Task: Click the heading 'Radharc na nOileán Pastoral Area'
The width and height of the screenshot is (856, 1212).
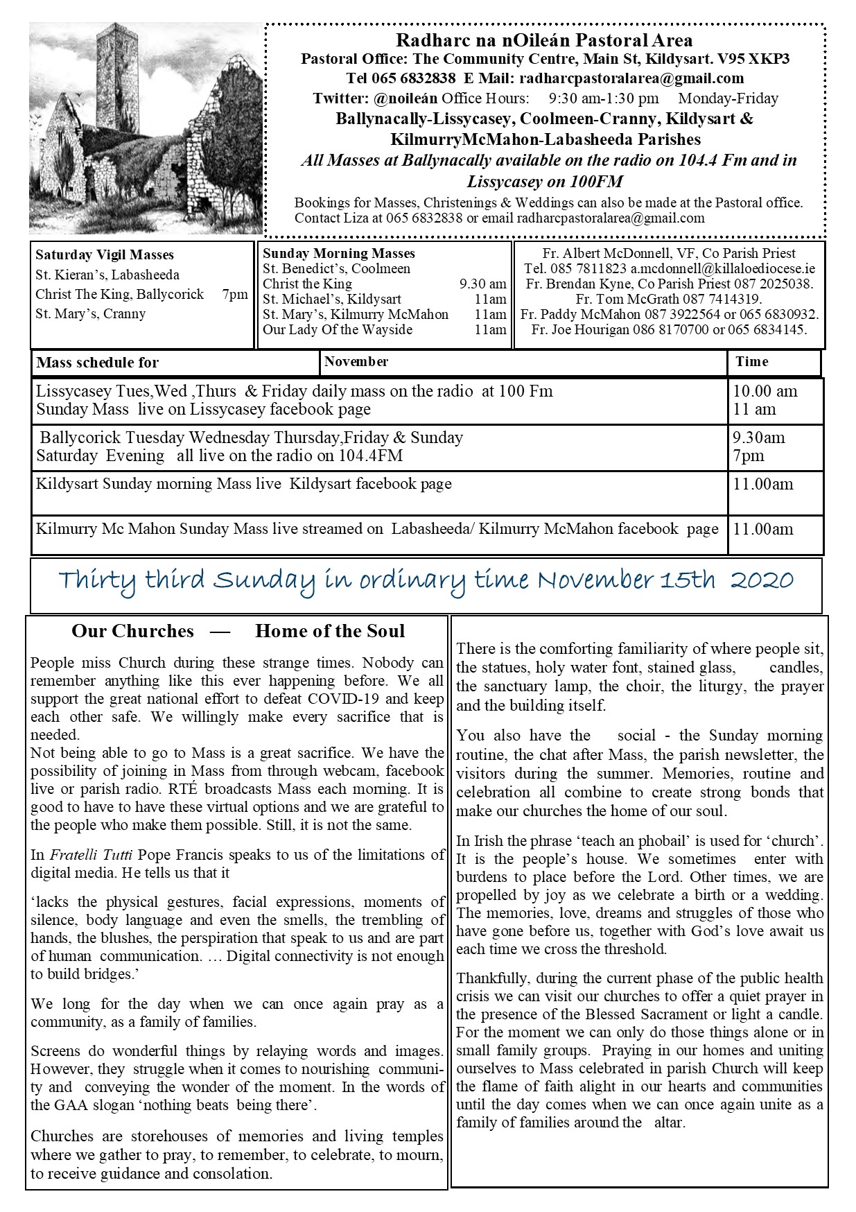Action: (x=544, y=41)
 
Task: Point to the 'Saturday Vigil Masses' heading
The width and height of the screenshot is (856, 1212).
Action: (x=105, y=255)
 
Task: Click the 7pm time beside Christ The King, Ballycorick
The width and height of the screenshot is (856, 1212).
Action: (x=235, y=294)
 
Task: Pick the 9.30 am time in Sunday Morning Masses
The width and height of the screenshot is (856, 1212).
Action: (x=482, y=284)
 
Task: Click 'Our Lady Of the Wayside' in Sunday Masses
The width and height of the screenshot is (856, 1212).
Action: (x=338, y=329)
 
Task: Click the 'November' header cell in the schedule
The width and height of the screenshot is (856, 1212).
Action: (x=356, y=361)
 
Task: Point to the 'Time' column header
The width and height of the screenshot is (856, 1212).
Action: (x=752, y=361)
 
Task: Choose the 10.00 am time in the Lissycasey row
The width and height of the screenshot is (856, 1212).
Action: (x=765, y=391)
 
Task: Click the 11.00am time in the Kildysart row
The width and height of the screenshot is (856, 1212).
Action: (x=762, y=484)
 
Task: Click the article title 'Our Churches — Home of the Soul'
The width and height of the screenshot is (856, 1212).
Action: (x=238, y=631)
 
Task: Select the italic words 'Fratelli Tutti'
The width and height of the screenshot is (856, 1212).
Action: (x=89, y=855)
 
